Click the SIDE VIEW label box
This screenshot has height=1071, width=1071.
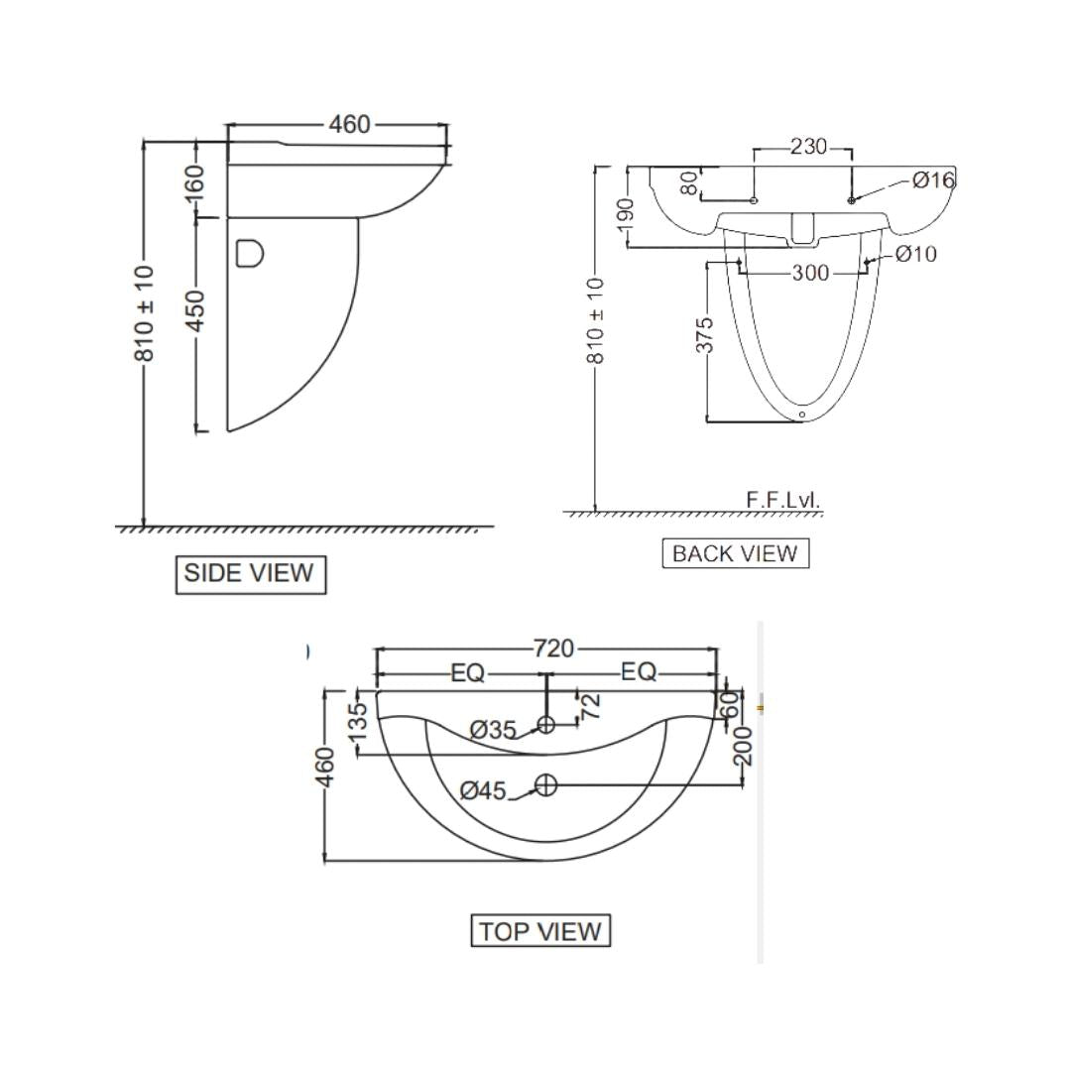[251, 574]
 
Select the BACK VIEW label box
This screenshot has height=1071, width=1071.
[736, 553]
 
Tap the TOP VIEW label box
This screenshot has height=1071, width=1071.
[540, 931]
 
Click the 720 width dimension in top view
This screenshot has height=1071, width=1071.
[553, 649]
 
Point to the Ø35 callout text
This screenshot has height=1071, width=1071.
[493, 730]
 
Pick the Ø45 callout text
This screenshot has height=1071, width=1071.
[483, 791]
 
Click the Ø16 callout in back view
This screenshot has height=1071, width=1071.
[934, 180]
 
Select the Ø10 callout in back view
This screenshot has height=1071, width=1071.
[916, 254]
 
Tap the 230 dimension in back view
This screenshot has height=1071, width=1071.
[808, 146]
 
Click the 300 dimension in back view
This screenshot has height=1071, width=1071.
[811, 274]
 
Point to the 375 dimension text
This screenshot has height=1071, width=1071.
[704, 335]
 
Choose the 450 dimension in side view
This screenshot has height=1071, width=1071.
[195, 311]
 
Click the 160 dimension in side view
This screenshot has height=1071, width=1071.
[194, 183]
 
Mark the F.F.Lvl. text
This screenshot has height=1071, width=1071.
[782, 499]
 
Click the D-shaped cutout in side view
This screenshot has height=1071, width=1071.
[250, 253]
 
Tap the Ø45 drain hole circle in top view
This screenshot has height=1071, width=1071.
[545, 784]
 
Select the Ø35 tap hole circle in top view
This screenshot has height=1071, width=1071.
[545, 724]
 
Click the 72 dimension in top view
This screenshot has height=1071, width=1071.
[590, 706]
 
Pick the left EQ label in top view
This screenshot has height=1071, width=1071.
[468, 673]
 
